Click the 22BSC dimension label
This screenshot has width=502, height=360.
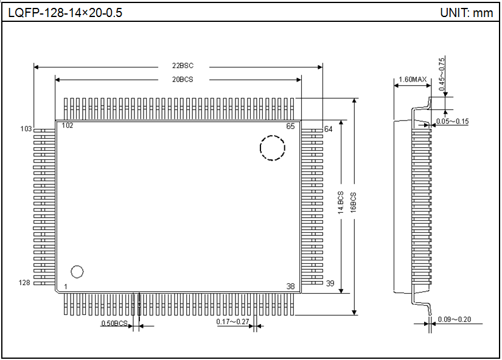coord(183,66)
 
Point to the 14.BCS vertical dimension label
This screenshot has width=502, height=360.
coord(341,205)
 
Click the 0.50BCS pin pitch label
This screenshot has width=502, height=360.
coord(114,324)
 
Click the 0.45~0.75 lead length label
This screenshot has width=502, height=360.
coord(442,75)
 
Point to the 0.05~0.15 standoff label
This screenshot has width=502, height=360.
coord(453,122)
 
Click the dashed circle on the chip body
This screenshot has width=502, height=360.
coord(273,148)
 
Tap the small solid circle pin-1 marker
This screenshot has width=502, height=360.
coord(77,271)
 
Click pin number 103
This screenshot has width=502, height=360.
coord(26,129)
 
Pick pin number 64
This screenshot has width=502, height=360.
coord(329,129)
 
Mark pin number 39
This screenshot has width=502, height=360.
coord(330,283)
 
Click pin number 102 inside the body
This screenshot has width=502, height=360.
coord(67,125)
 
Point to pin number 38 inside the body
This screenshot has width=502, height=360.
coord(291,286)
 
